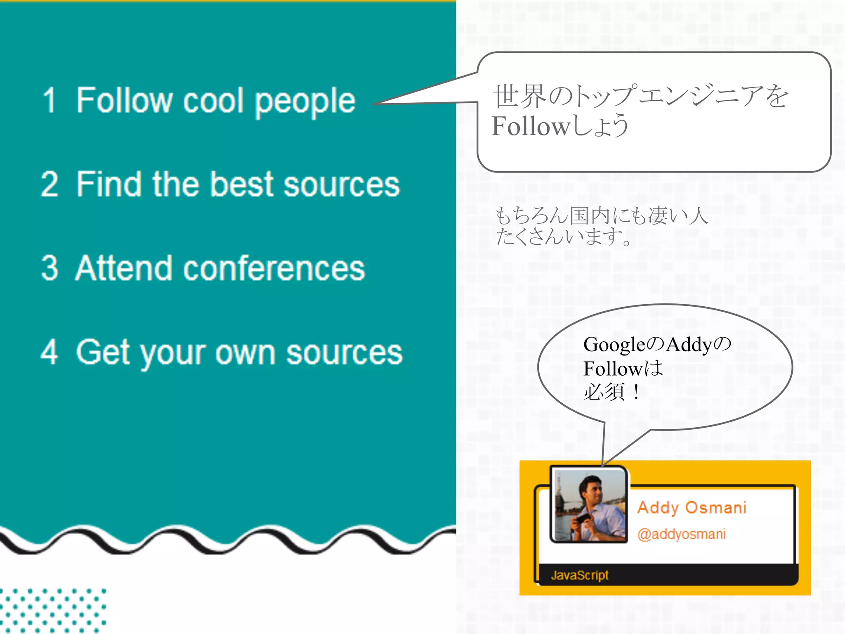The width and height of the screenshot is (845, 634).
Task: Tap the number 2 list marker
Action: tap(50, 184)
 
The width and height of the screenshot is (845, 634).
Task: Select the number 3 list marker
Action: tap(50, 268)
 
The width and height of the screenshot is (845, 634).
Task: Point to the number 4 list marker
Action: tap(50, 352)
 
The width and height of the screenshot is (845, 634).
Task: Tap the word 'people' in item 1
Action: tap(305, 102)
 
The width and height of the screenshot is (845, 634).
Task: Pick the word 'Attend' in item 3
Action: tap(123, 268)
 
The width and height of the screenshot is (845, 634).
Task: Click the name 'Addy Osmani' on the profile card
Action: tap(692, 508)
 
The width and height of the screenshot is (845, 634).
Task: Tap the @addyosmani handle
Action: tap(681, 534)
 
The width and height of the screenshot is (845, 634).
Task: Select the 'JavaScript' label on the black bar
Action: tap(580, 575)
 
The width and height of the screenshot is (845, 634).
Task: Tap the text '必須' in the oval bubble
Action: tap(604, 392)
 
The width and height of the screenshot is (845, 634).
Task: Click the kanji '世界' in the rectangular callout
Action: tap(519, 96)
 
